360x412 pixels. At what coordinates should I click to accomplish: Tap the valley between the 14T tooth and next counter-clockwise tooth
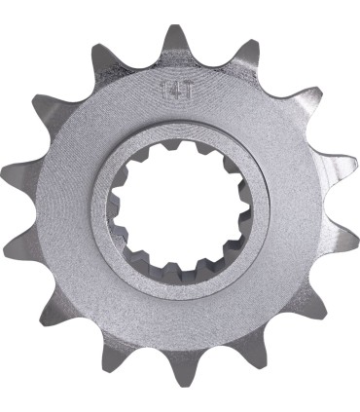pos(137,61)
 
